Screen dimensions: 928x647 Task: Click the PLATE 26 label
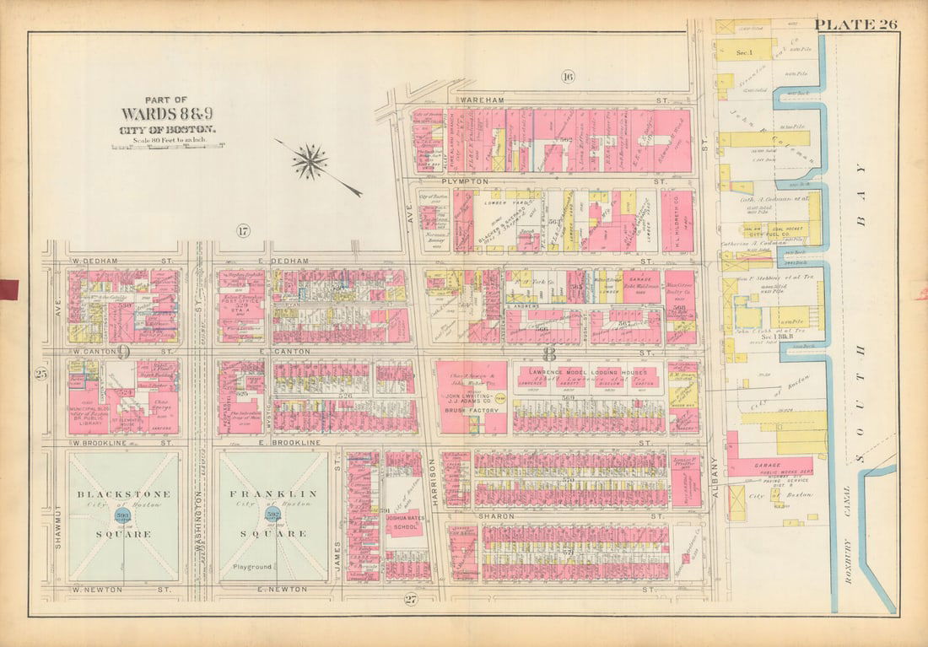855,24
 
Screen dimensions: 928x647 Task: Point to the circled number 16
567,78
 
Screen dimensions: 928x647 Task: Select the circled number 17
243,231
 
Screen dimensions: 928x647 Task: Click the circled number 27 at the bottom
411,600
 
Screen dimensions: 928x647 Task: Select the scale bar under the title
167,145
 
